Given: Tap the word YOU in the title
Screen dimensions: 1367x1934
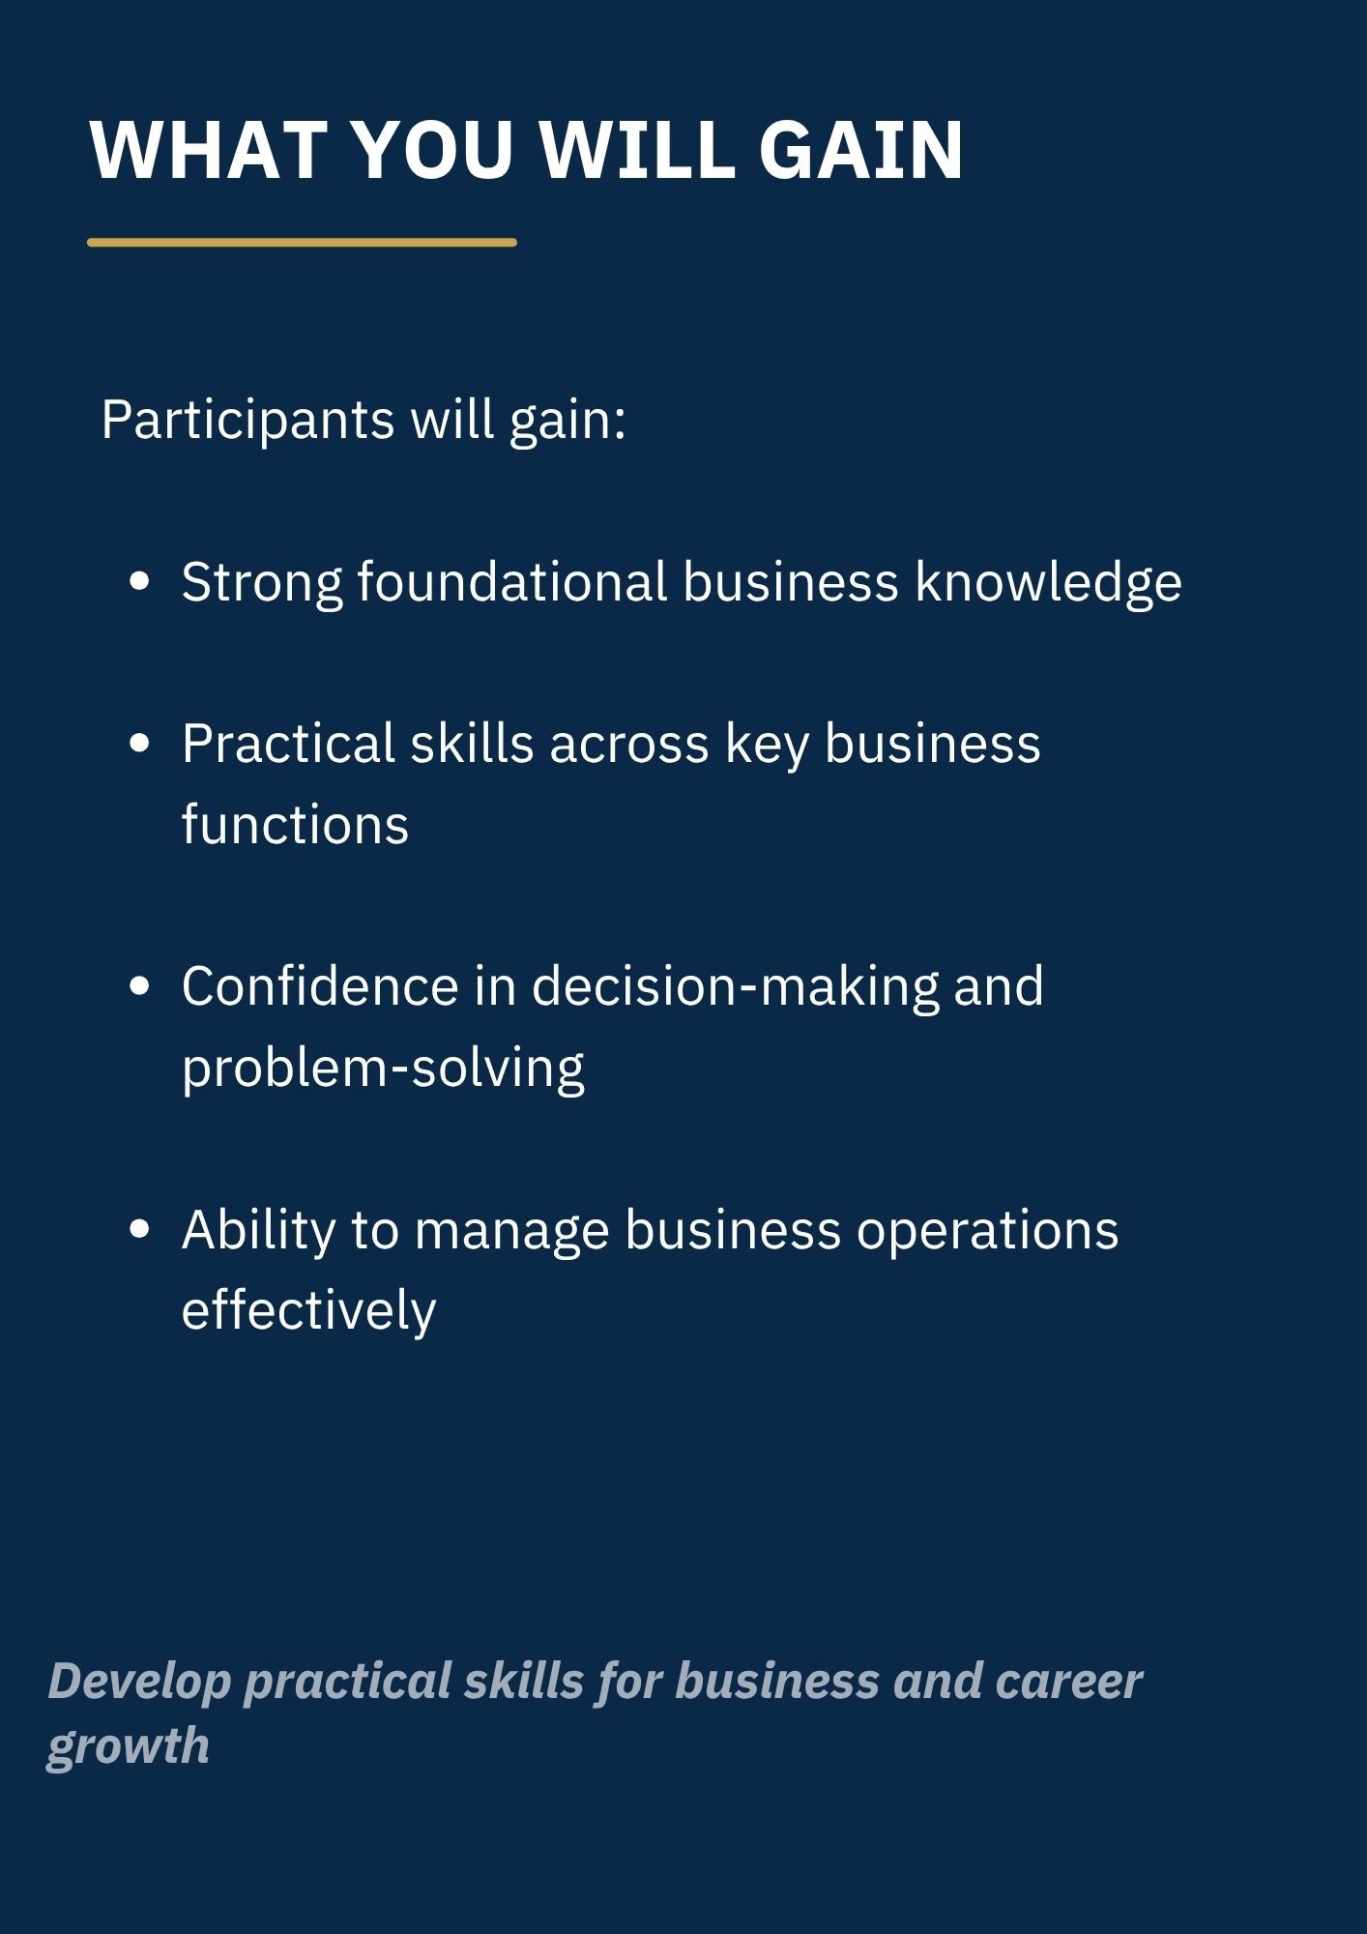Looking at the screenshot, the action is click(x=431, y=151).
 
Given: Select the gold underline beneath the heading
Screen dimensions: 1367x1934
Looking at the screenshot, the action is click(x=302, y=243).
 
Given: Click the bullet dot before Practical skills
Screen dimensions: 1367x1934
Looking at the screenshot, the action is click(x=140, y=743).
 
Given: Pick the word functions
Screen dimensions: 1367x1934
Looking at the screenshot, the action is click(x=296, y=825).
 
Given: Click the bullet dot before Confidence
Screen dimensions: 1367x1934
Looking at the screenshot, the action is click(x=140, y=985).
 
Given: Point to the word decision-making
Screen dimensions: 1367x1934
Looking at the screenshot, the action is click(x=736, y=987).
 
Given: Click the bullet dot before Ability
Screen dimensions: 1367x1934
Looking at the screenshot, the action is click(x=140, y=1229).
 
